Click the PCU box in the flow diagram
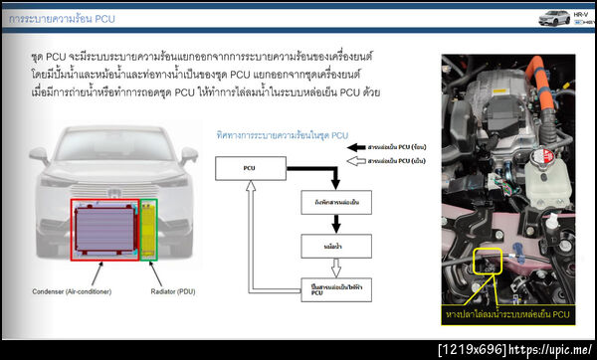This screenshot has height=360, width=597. pyautogui.click(x=250, y=168)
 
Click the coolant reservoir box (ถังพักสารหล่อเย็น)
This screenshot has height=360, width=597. pyautogui.click(x=328, y=206)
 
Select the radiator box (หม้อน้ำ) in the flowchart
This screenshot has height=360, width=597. pyautogui.click(x=328, y=243)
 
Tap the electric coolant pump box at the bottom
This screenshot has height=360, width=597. pyautogui.click(x=328, y=288)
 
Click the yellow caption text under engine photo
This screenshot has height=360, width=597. pyautogui.click(x=507, y=315)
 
